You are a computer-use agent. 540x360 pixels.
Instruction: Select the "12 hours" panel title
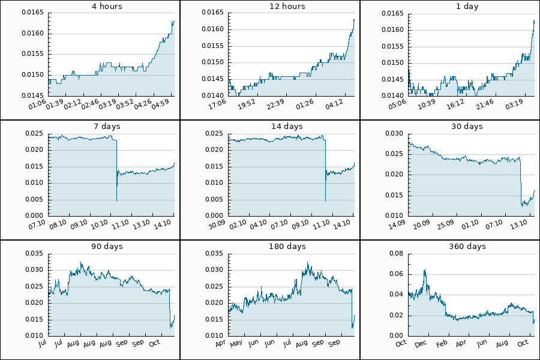click(x=287, y=7)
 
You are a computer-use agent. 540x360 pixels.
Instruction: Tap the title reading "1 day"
click(x=467, y=7)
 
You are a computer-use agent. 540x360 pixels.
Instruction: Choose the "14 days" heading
click(x=287, y=127)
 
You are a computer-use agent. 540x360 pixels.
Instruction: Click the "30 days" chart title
click(x=467, y=127)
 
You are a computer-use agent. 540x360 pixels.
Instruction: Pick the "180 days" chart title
click(x=287, y=247)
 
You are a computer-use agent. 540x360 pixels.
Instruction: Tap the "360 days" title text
click(x=467, y=247)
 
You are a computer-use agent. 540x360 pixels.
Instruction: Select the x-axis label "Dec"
click(x=421, y=343)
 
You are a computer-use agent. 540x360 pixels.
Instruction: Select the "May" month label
click(x=236, y=343)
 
